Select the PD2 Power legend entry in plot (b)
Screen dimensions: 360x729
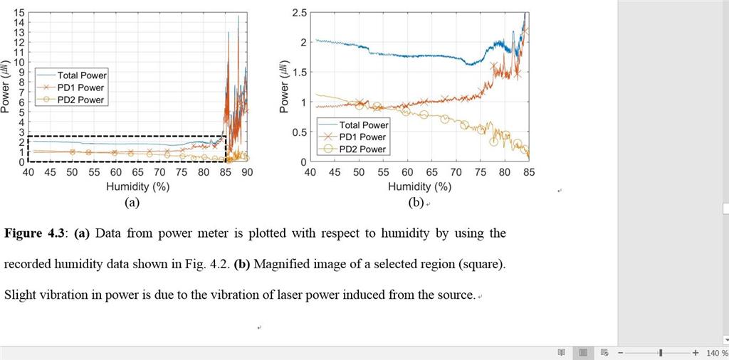click(x=363, y=149)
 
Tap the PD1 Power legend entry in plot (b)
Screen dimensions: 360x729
click(x=363, y=137)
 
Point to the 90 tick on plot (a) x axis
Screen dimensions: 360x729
click(x=247, y=172)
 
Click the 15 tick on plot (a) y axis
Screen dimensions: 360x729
click(x=20, y=13)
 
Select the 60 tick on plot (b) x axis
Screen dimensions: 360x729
click(x=407, y=172)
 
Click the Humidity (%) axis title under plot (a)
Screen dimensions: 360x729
click(x=137, y=186)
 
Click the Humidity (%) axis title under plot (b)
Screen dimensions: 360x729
click(x=420, y=186)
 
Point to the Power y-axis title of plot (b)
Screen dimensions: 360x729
click(x=285, y=88)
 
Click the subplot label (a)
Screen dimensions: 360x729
click(x=131, y=202)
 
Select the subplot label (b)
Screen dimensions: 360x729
click(x=416, y=202)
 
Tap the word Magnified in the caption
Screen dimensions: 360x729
click(x=284, y=264)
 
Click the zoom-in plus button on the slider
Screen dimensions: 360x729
click(x=696, y=353)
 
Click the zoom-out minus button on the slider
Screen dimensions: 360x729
click(x=621, y=353)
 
